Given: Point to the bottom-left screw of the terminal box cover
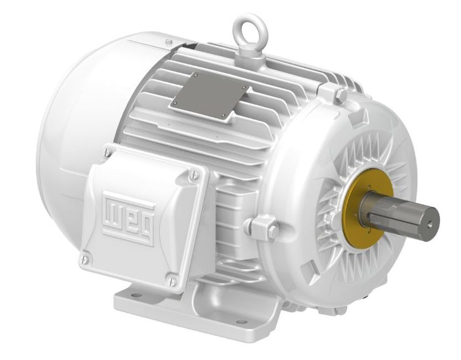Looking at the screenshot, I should [x=85, y=260].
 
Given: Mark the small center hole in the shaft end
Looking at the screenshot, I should [x=429, y=218].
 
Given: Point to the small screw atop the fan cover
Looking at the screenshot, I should [x=168, y=41].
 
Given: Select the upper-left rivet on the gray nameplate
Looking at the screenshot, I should [x=194, y=75].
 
